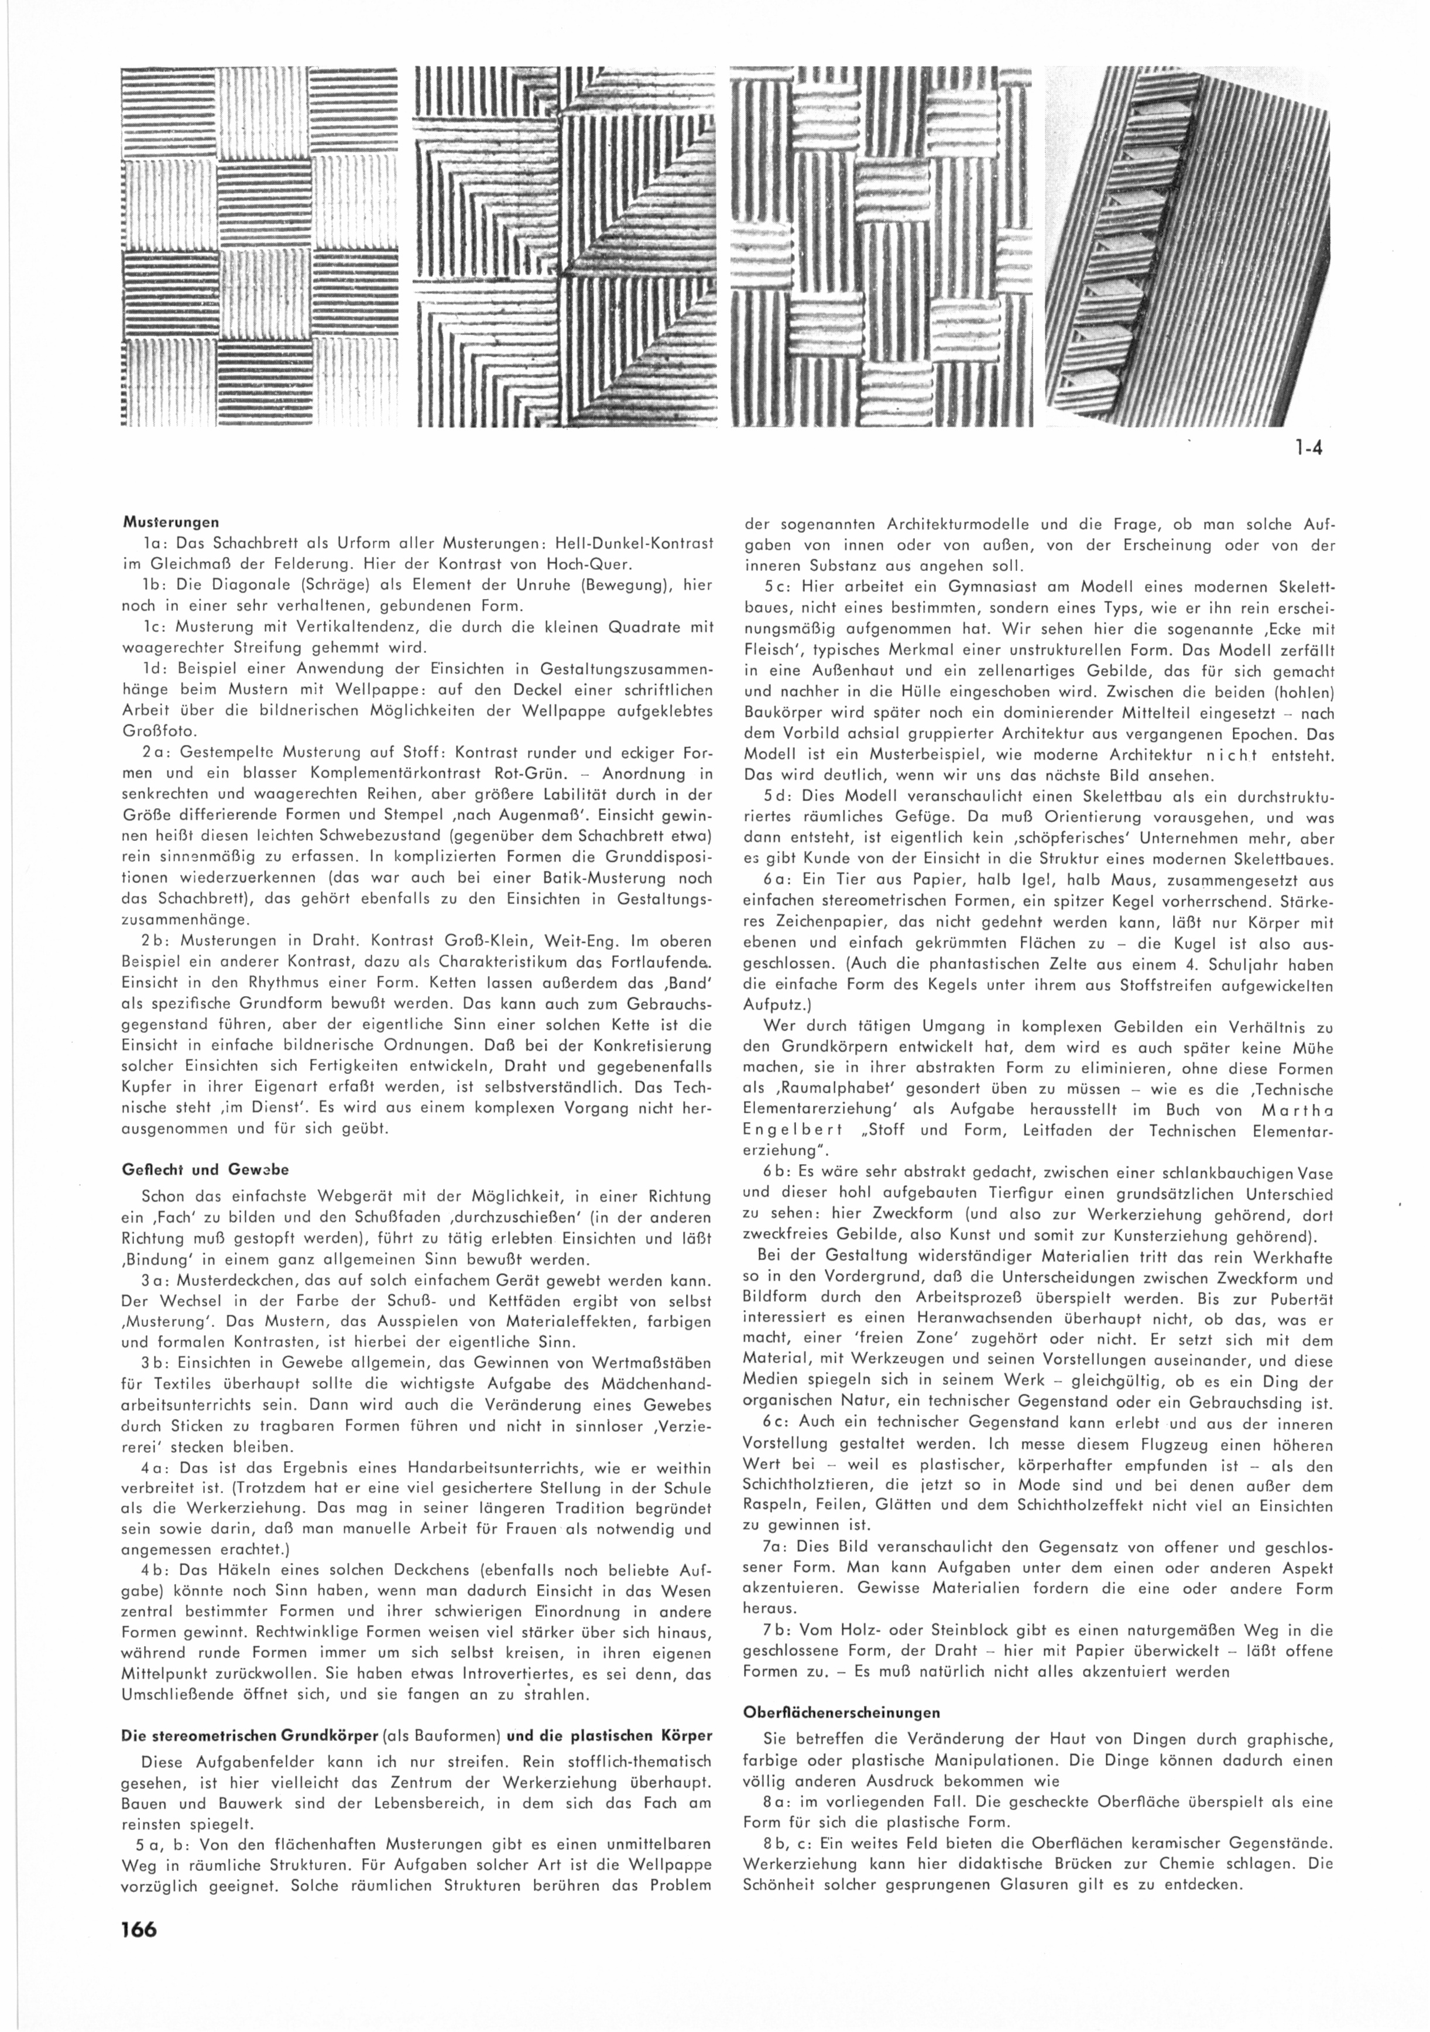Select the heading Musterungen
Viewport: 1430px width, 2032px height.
click(170, 522)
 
